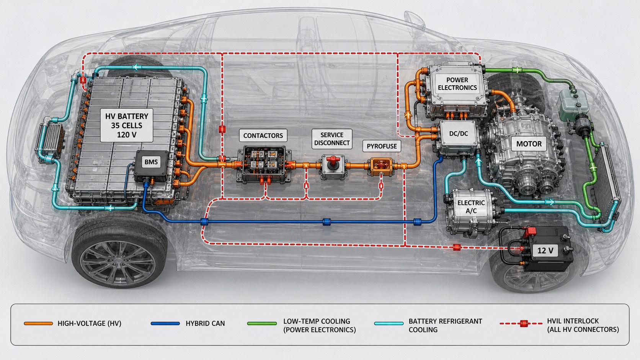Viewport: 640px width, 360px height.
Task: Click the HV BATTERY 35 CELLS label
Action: [127, 125]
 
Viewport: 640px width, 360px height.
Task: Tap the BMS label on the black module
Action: [151, 162]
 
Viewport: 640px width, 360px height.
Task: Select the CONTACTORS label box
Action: [263, 135]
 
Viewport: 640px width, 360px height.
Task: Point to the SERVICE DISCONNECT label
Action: [332, 139]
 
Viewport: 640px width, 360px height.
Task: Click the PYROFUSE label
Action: [382, 146]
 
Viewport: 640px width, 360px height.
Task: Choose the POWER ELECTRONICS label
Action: [457, 84]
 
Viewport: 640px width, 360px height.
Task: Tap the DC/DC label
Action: [459, 134]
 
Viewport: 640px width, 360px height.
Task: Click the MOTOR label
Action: [529, 143]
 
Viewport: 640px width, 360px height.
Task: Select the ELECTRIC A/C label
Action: [471, 207]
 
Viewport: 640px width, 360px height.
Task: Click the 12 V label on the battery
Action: [545, 251]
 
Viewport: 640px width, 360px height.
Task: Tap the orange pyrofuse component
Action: [381, 167]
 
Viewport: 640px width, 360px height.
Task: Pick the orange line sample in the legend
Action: [38, 323]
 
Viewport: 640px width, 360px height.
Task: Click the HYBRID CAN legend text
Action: [205, 323]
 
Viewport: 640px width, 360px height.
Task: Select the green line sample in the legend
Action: [262, 323]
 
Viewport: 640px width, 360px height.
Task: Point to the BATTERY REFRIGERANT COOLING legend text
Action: [445, 326]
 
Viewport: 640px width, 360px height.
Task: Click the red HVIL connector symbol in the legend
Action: [523, 324]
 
